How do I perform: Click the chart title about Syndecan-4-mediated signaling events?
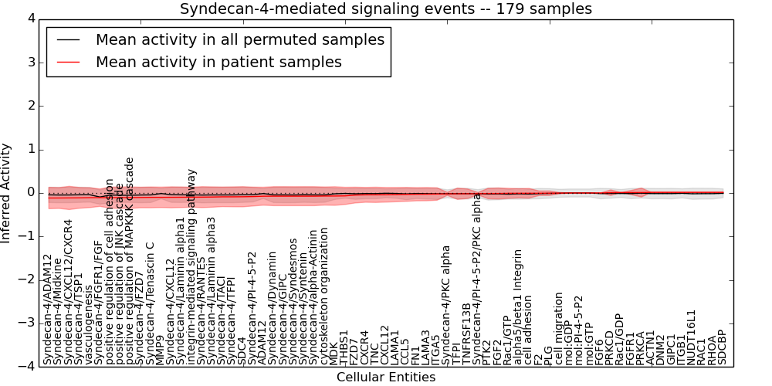[x=386, y=9]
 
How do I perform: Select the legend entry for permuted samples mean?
[x=239, y=39]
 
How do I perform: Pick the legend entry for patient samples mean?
[x=218, y=62]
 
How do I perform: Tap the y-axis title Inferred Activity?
[x=7, y=192]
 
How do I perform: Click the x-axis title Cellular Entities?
[x=386, y=377]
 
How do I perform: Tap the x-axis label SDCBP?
[x=723, y=347]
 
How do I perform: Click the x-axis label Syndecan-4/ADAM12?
[x=48, y=310]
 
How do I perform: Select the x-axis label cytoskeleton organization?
[x=324, y=296]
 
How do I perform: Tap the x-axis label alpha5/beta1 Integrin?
[x=519, y=307]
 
